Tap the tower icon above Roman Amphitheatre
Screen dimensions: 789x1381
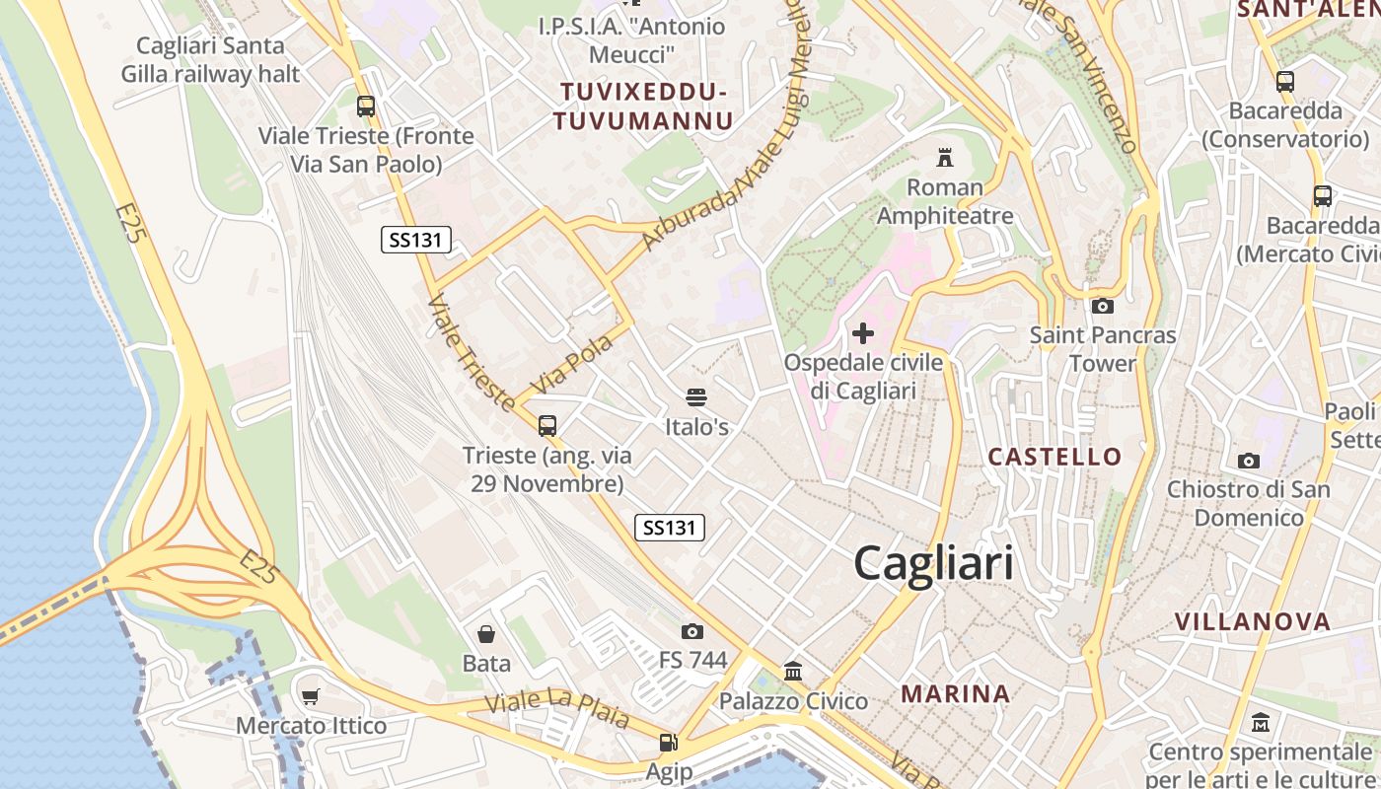pos(945,157)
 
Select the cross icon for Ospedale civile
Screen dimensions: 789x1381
pos(863,333)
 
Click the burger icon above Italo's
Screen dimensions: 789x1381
pos(696,397)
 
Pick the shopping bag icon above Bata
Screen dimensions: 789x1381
pos(486,633)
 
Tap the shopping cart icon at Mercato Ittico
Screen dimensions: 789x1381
pos(311,697)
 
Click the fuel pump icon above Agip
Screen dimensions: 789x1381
pos(669,743)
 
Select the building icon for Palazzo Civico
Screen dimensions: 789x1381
pos(793,672)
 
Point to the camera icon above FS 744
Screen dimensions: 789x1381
pos(692,631)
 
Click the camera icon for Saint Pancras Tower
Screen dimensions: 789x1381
pos(1103,306)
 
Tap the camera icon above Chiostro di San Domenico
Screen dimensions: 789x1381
pos(1249,461)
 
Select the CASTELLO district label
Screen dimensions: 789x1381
pos(1054,457)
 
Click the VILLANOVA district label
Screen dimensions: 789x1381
pos(1253,622)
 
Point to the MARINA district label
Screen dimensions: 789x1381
pos(956,694)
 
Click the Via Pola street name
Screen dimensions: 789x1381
pos(571,363)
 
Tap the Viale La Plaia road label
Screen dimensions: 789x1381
pos(557,709)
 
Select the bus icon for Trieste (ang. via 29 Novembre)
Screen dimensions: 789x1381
pos(547,426)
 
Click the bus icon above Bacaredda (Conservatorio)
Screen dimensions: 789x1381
pos(1285,82)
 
